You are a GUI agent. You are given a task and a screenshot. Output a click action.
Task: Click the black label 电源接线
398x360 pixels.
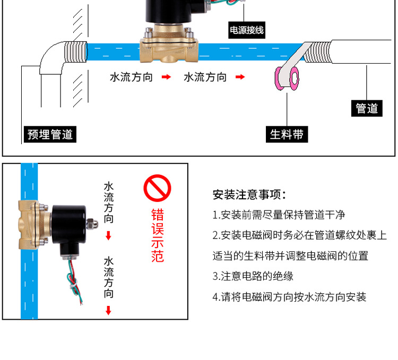[x=246, y=30]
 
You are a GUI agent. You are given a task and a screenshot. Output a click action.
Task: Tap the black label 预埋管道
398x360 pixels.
[x=50, y=134]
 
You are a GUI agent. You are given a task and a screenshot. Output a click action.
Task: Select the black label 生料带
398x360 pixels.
[x=287, y=134]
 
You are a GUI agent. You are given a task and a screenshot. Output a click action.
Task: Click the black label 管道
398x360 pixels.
[x=367, y=108]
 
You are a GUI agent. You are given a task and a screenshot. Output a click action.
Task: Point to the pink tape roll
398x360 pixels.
[x=285, y=78]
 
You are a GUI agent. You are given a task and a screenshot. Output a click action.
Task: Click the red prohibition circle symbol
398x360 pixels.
[x=158, y=188]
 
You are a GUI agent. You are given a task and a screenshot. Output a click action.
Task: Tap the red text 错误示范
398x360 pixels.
[x=158, y=236]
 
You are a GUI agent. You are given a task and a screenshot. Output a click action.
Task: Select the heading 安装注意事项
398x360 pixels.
[x=249, y=195]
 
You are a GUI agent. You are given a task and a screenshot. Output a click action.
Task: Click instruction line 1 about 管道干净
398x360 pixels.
[x=279, y=215]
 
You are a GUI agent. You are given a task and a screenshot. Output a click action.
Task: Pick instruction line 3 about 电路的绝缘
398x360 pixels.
[x=253, y=276]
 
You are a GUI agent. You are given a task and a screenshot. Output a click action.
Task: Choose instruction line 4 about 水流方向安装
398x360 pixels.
[x=289, y=297]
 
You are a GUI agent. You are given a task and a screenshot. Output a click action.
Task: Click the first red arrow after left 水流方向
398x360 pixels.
[x=167, y=77]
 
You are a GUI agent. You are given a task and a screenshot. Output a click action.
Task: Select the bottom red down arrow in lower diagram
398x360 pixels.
[x=109, y=310]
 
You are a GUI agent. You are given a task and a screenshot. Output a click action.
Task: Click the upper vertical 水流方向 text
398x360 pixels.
[x=109, y=202]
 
